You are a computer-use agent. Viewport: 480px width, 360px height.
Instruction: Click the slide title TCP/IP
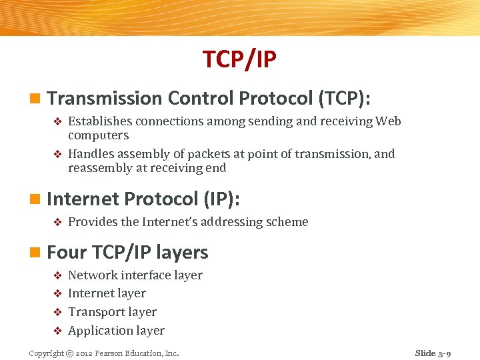click(239, 60)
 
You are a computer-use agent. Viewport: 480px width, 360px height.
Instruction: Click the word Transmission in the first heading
click(105, 99)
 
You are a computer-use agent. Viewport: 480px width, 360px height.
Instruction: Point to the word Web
click(388, 121)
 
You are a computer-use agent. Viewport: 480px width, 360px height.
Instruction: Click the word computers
click(98, 135)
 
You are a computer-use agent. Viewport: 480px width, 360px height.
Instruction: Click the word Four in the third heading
click(67, 253)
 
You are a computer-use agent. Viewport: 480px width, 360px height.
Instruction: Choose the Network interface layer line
click(135, 275)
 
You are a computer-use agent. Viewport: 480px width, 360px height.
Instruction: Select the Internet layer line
click(107, 293)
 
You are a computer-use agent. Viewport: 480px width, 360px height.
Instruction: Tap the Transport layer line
click(112, 312)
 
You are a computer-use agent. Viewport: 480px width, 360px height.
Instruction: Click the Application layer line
click(116, 331)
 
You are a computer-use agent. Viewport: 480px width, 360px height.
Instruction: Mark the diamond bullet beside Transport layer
click(57, 312)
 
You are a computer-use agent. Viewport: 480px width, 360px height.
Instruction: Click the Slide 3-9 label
click(433, 353)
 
